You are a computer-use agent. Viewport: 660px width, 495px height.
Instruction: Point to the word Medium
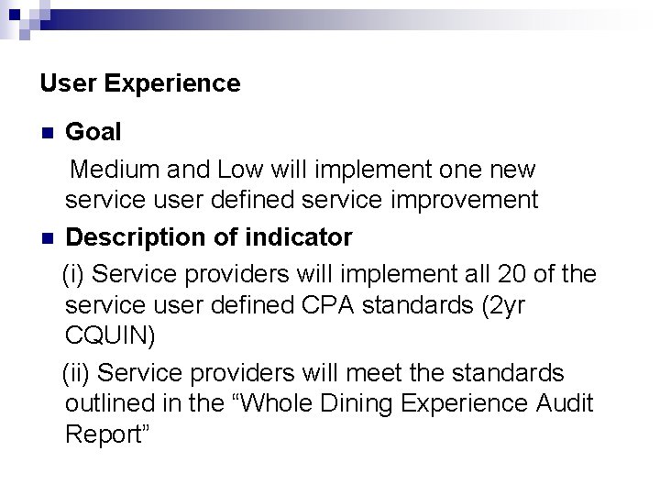point(115,170)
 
